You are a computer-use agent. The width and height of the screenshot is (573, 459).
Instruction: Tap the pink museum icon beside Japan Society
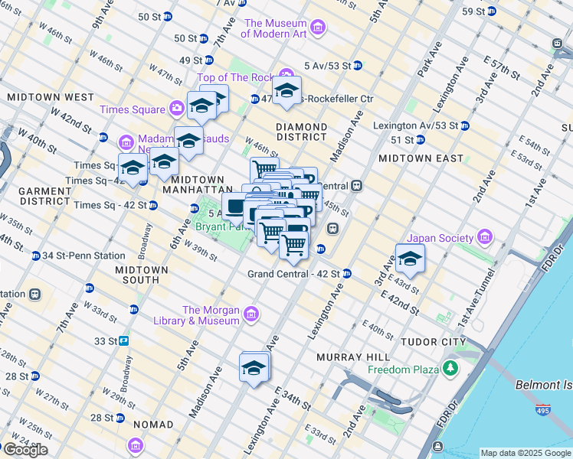click(483, 238)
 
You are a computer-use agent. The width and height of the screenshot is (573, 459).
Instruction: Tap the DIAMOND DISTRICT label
click(302, 132)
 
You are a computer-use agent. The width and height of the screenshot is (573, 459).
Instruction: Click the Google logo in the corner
click(25, 450)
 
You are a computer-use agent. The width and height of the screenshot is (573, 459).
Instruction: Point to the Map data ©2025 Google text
click(525, 453)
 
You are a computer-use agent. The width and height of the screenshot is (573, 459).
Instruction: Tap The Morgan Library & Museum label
click(211, 315)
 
